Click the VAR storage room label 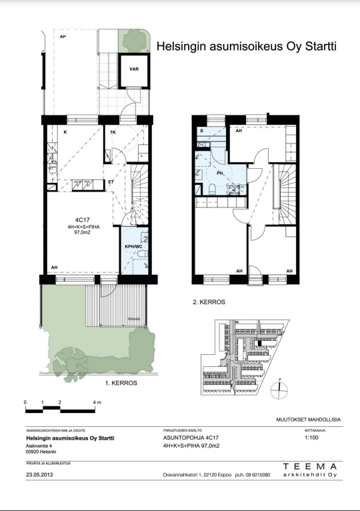[x=133, y=68]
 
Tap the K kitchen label [x=65, y=133]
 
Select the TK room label [x=114, y=133]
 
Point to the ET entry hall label [x=111, y=182]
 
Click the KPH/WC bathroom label [x=134, y=246]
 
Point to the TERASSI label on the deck [x=135, y=320]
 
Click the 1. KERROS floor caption [x=121, y=383]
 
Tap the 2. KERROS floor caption [x=209, y=302]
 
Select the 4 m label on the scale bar [x=97, y=403]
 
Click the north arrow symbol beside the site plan [x=281, y=386]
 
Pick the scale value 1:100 [x=311, y=438]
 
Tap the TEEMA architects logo [x=313, y=470]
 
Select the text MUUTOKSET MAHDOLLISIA [x=308, y=419]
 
